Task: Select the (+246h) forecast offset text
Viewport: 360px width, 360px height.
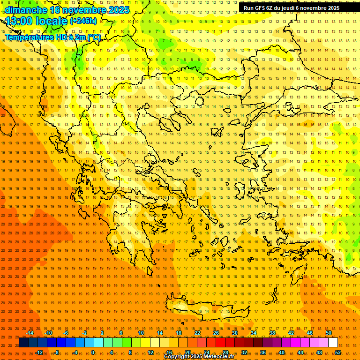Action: [x=83, y=21]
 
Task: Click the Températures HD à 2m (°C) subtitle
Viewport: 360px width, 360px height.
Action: [x=52, y=37]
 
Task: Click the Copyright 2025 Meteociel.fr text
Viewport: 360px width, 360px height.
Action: [x=199, y=357]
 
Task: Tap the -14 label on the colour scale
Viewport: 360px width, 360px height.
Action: [x=30, y=333]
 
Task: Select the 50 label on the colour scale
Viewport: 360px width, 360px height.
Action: [x=328, y=333]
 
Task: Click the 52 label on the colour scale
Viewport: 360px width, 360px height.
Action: [x=338, y=352]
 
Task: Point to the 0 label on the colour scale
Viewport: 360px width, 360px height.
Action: [x=93, y=352]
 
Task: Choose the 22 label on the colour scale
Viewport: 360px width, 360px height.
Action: [x=197, y=333]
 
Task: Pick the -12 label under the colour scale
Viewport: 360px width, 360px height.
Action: [x=39, y=352]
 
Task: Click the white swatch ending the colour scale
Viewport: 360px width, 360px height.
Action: [x=333, y=343]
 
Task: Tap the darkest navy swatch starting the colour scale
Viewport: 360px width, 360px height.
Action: [x=23, y=343]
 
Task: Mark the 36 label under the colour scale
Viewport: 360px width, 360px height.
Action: [x=263, y=352]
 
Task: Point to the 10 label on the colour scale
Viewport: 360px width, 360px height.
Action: [x=141, y=333]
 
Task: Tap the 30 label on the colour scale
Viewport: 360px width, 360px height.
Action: [x=234, y=333]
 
